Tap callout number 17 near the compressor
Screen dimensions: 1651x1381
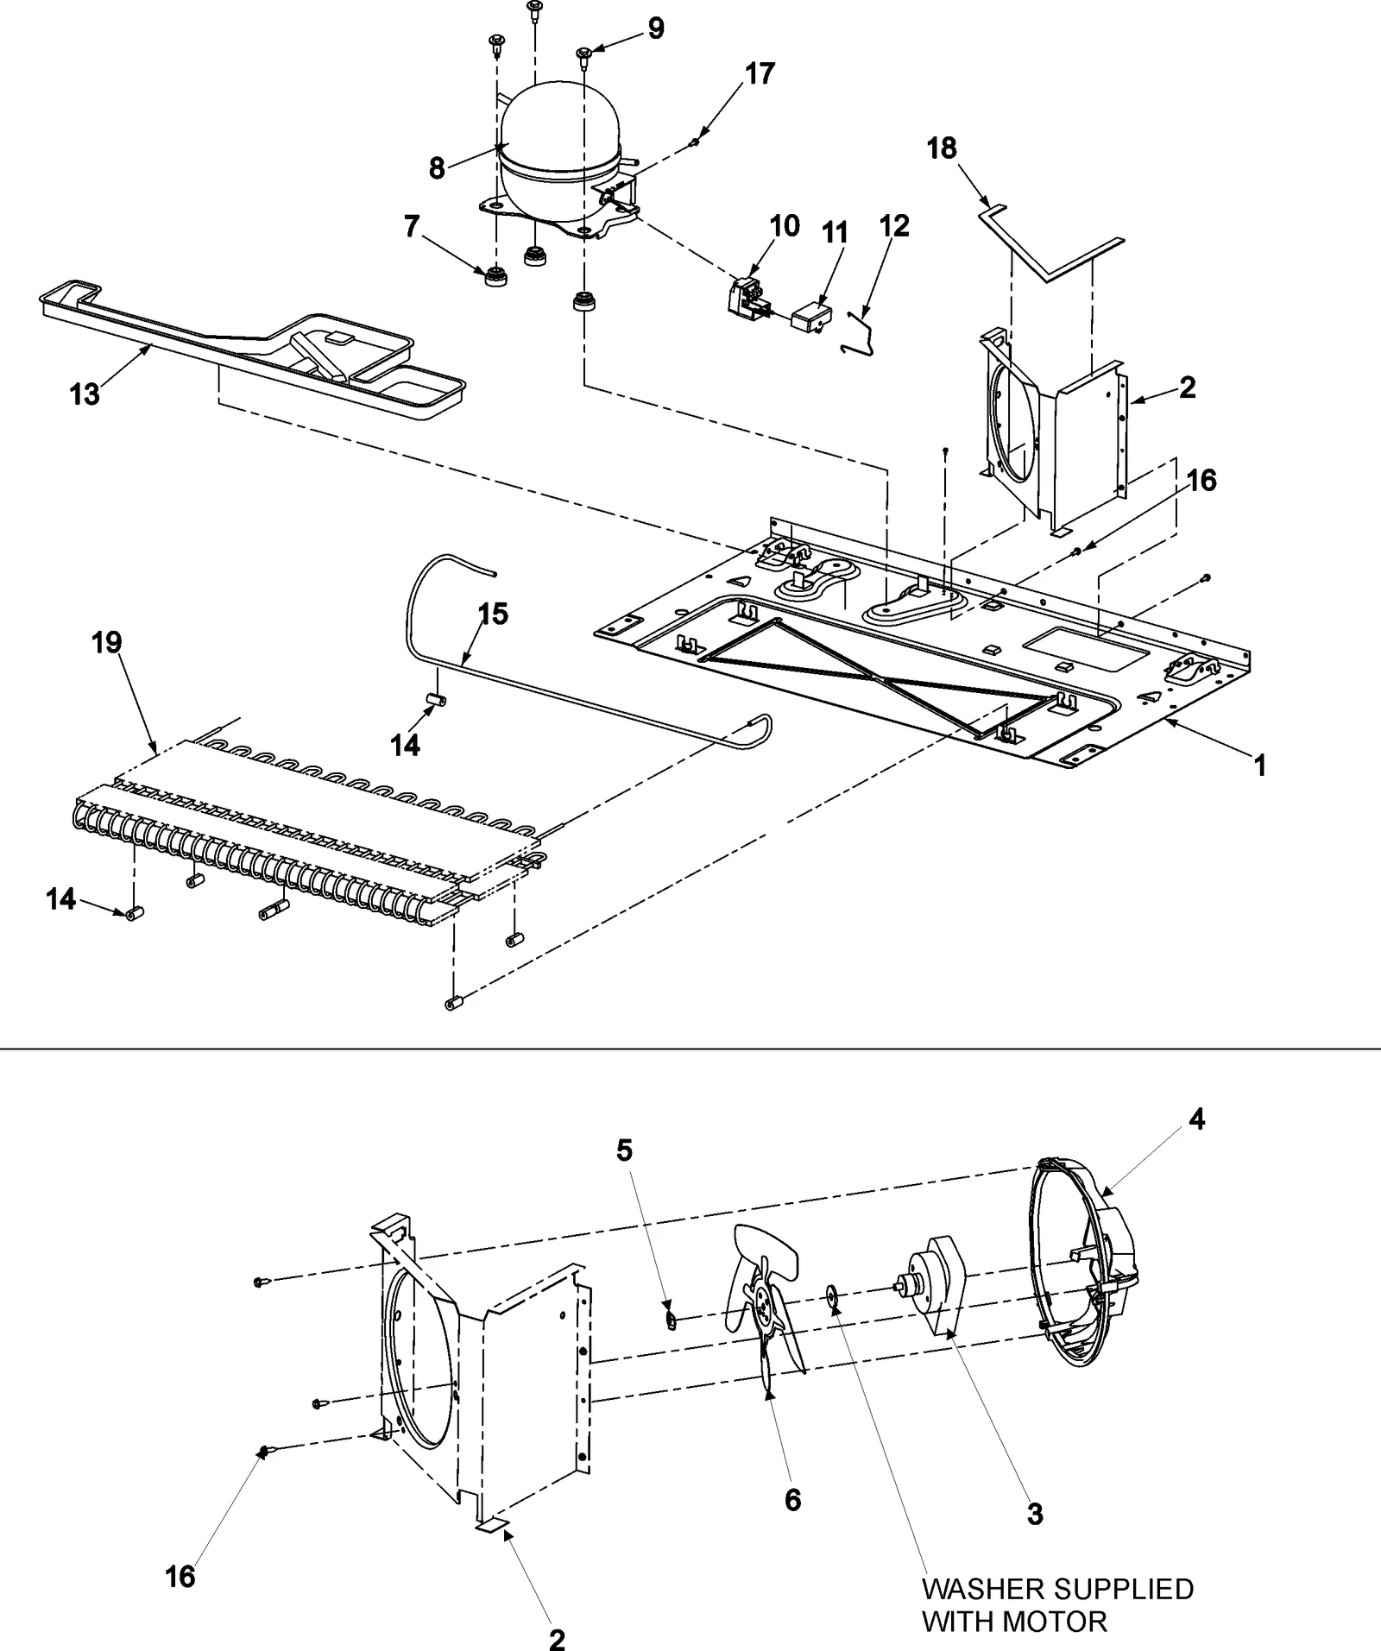(x=760, y=74)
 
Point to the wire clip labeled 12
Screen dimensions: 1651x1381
(x=861, y=337)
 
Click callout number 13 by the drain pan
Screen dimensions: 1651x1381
(x=85, y=395)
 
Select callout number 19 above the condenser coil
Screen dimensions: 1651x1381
(x=107, y=643)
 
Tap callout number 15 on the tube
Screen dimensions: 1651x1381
(x=493, y=614)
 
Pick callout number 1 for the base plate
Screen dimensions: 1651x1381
(x=1260, y=765)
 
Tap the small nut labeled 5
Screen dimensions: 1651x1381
(x=668, y=1320)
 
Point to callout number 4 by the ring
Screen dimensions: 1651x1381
(x=1196, y=1120)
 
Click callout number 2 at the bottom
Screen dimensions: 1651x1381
(x=558, y=1638)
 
